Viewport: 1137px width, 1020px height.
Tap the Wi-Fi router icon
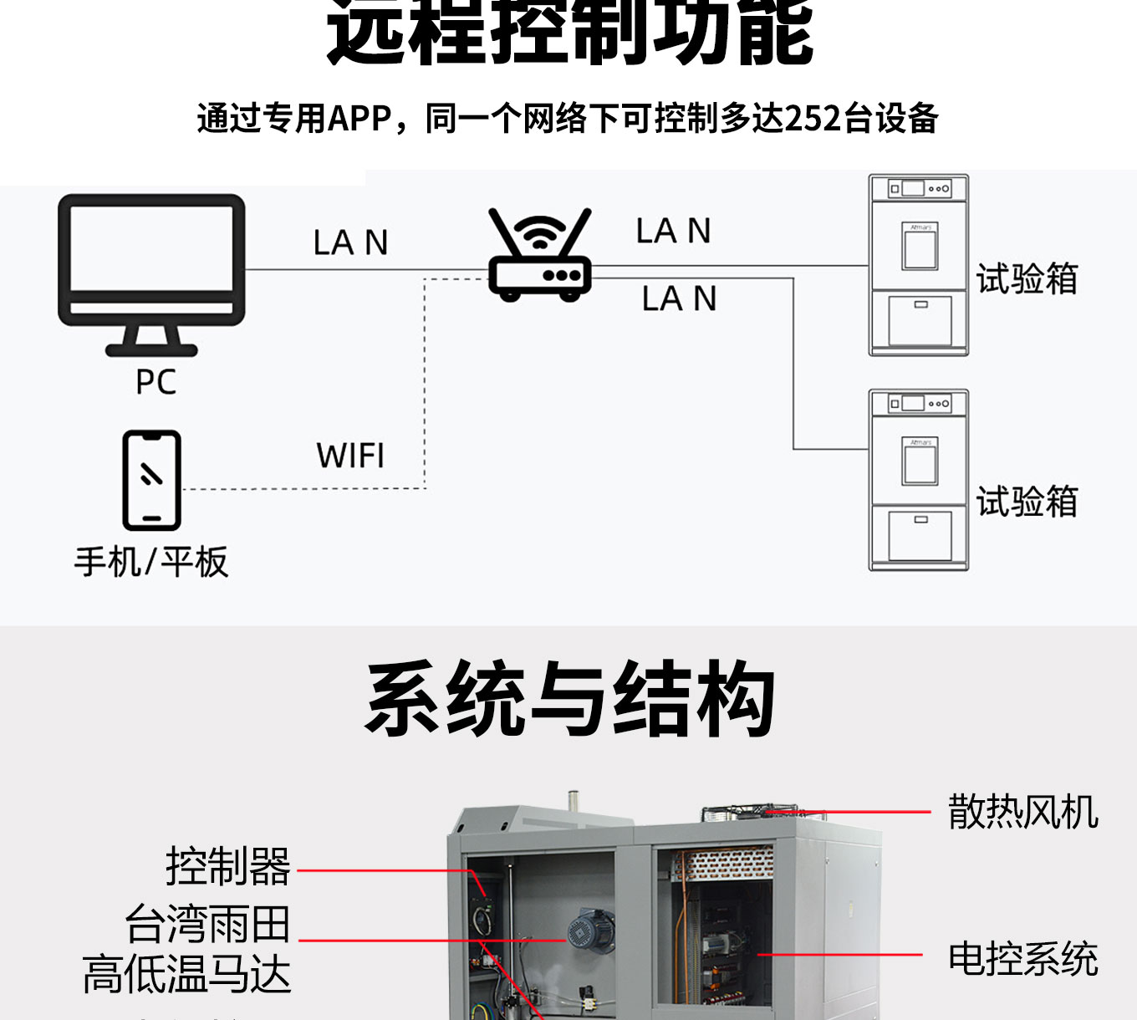(540, 255)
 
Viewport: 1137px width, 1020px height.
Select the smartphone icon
(151, 480)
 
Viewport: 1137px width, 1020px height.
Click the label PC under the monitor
(156, 382)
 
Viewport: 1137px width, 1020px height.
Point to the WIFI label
(350, 456)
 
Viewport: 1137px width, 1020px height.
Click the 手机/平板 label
(151, 562)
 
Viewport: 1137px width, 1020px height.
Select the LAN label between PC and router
(350, 242)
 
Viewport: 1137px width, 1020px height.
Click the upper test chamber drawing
(918, 265)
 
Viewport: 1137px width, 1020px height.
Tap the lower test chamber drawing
(918, 480)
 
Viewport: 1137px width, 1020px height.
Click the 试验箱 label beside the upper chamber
(1027, 278)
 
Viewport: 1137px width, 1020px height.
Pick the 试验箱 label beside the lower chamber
(1027, 502)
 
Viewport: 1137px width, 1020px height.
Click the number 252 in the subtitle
(813, 119)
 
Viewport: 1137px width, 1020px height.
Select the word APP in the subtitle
(359, 119)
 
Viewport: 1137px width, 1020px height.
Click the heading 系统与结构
(569, 699)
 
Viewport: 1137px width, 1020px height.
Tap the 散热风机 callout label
(1022, 812)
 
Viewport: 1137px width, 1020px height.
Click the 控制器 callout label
(227, 866)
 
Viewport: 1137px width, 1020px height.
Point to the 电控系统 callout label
(1022, 958)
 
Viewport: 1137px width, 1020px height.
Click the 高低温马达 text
(186, 975)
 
